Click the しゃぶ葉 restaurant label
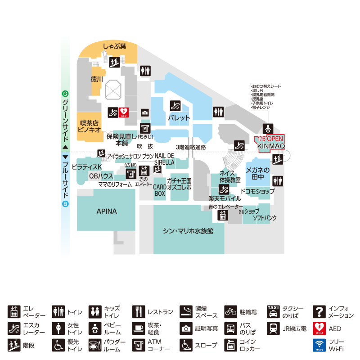[x=114, y=46]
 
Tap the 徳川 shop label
[x=97, y=79]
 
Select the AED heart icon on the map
[x=124, y=112]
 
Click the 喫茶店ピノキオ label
[x=89, y=126]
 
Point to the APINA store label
[x=107, y=211]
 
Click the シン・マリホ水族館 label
[x=188, y=231]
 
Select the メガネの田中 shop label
[x=257, y=174]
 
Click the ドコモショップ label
[x=257, y=191]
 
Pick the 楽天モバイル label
[x=225, y=198]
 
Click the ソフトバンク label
[x=265, y=218]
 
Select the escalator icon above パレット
[x=175, y=106]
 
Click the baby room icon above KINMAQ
[x=267, y=128]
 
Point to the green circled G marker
[x=65, y=94]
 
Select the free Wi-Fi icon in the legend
[x=319, y=345]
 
